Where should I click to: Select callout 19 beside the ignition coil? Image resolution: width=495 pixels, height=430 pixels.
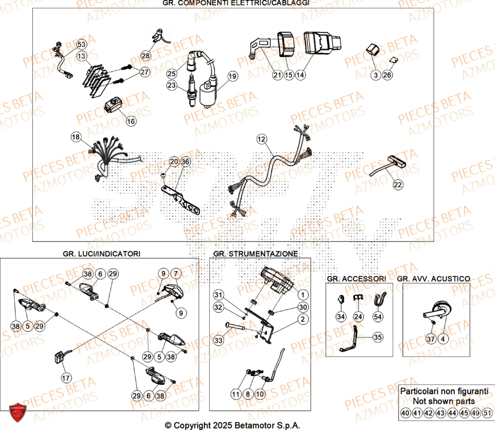(232, 76)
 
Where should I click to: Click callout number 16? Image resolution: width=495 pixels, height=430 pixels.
(131, 121)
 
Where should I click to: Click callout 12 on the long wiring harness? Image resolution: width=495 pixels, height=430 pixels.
(261, 140)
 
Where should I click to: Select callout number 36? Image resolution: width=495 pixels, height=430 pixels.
(185, 161)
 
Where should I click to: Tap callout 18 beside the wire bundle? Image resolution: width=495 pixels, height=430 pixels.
(75, 137)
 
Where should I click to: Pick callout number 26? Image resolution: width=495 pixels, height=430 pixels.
(387, 75)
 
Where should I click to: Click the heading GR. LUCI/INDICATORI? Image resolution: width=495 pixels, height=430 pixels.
(101, 253)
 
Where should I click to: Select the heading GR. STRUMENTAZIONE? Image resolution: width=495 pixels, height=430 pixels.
(255, 253)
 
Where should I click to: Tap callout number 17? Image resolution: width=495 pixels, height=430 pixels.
(66, 378)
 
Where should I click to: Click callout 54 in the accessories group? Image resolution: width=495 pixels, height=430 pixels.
(378, 316)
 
